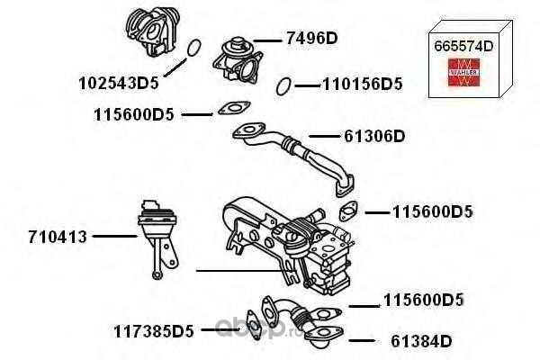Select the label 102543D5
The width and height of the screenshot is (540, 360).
pyautogui.click(x=118, y=84)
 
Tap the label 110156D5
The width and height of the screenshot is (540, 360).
pyautogui.click(x=362, y=85)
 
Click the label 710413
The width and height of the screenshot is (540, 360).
pyautogui.click(x=58, y=238)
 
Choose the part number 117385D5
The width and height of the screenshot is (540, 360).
pyautogui.click(x=154, y=330)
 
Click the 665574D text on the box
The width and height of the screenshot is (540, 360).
pyautogui.click(x=463, y=47)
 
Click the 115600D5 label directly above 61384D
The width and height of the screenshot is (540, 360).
pyautogui.click(x=423, y=300)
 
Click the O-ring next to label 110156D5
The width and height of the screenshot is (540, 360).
pyautogui.click(x=283, y=85)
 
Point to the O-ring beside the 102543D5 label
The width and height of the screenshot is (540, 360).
pyautogui.click(x=191, y=47)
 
